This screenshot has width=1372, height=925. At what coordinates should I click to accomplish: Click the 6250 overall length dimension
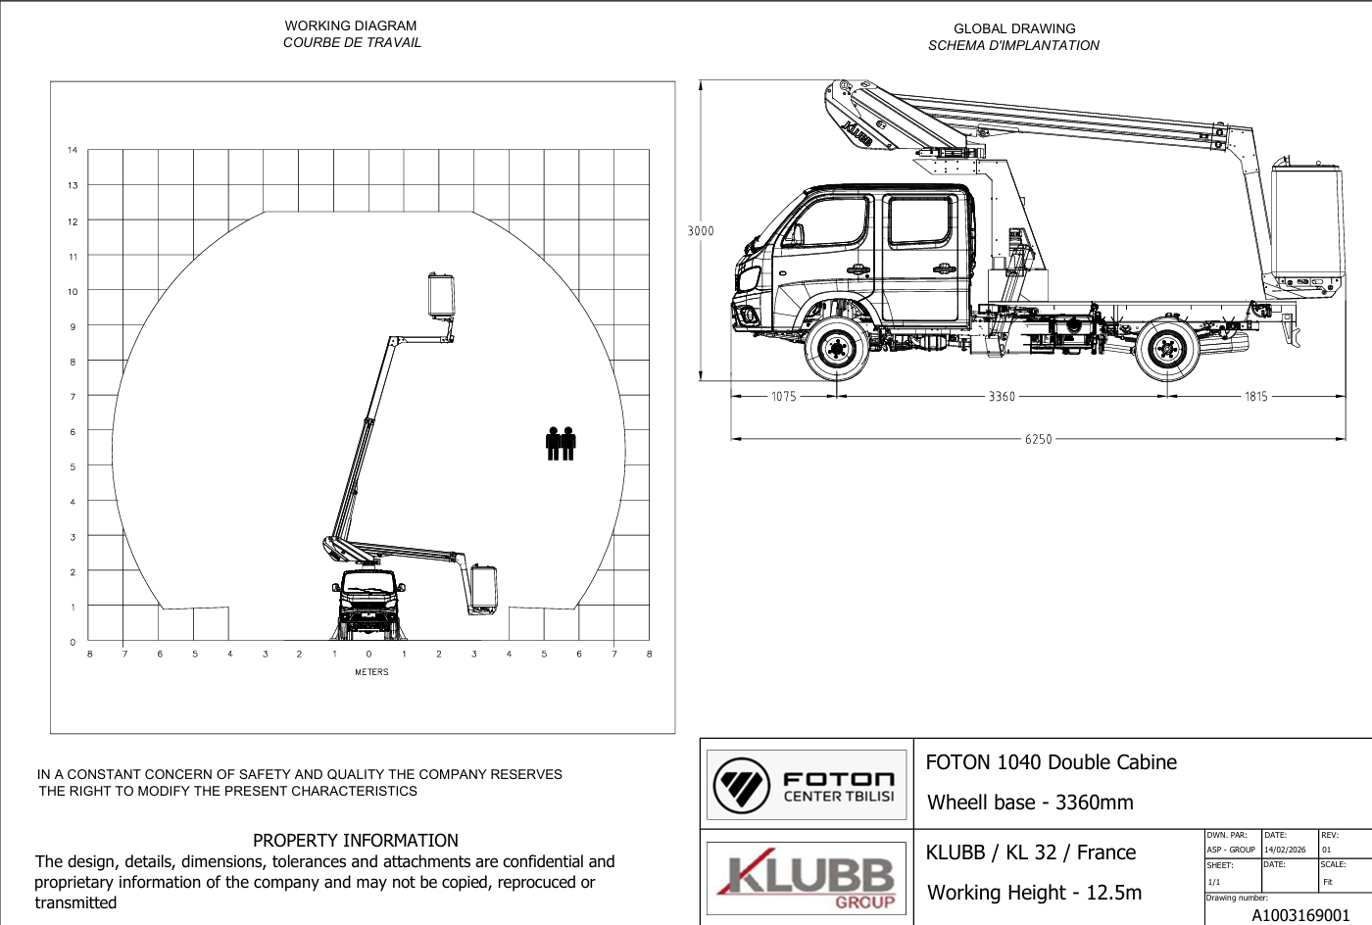click(x=1038, y=439)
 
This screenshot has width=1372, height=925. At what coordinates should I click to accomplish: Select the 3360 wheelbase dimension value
click(x=1002, y=396)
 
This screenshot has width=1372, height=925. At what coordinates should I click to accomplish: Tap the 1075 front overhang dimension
click(x=783, y=396)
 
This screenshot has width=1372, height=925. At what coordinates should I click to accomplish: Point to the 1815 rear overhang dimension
click(x=1255, y=396)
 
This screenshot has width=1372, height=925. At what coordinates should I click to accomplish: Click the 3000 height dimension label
click(x=701, y=231)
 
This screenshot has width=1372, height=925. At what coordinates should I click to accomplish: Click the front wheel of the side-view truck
click(x=836, y=349)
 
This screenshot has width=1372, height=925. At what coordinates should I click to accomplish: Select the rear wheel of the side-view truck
click(x=1167, y=349)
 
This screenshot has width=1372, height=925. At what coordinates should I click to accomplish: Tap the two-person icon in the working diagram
click(x=561, y=444)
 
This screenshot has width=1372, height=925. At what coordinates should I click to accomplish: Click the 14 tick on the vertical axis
click(x=73, y=150)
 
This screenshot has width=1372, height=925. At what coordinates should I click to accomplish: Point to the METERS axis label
click(x=371, y=672)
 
